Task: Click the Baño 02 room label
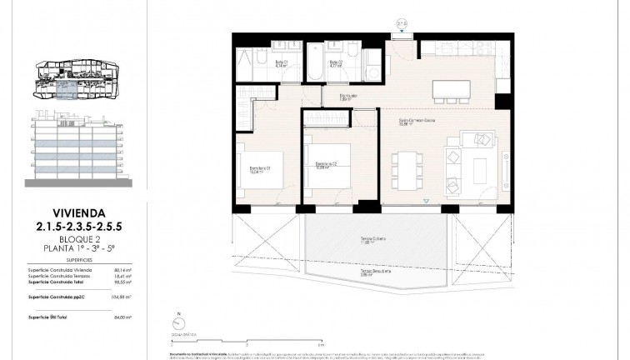336,62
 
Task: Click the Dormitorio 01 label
261,170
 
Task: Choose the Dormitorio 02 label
325,165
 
